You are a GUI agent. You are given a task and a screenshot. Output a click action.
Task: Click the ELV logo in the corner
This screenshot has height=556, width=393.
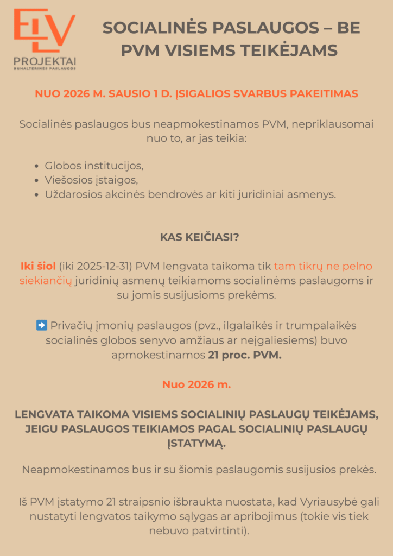tap(45, 32)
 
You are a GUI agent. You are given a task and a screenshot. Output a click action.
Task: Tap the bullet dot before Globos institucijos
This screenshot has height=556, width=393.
tap(36, 166)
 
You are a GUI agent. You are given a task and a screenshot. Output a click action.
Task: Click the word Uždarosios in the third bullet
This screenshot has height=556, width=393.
tap(74, 194)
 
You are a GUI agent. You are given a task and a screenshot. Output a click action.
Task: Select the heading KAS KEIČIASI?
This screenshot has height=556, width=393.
tap(196, 237)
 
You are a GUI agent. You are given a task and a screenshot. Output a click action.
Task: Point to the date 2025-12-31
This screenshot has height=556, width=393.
tap(101, 266)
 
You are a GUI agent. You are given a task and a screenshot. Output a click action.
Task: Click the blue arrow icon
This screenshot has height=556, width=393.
tap(41, 325)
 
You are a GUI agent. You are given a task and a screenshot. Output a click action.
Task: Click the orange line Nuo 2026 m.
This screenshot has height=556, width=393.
tap(196, 385)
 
